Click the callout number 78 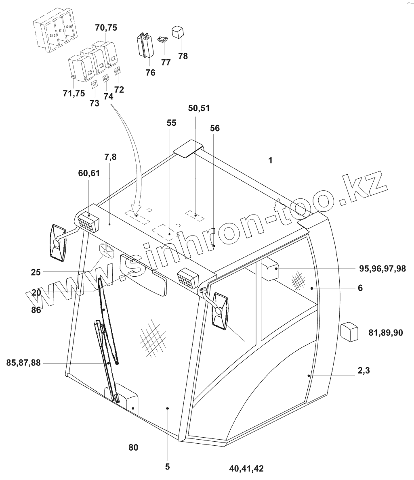pos(183,56)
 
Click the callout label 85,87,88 pos(23,363)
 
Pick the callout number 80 pos(133,447)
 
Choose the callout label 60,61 pos(89,173)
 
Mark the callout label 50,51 pos(199,108)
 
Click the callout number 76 pos(150,73)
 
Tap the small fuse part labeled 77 pos(164,40)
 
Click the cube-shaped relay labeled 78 pos(178,32)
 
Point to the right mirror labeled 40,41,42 pos(220,310)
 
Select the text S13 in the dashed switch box pos(62,31)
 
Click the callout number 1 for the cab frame pos(271,161)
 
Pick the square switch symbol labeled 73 pos(95,84)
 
